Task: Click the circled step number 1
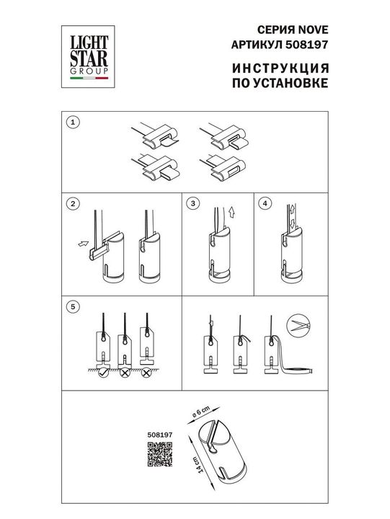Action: click(x=71, y=123)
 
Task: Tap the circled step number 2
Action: click(x=71, y=204)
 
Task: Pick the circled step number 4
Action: click(x=265, y=204)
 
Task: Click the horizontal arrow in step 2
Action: click(x=81, y=244)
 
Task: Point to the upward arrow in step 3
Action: click(x=231, y=214)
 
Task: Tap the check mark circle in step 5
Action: click(x=105, y=373)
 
